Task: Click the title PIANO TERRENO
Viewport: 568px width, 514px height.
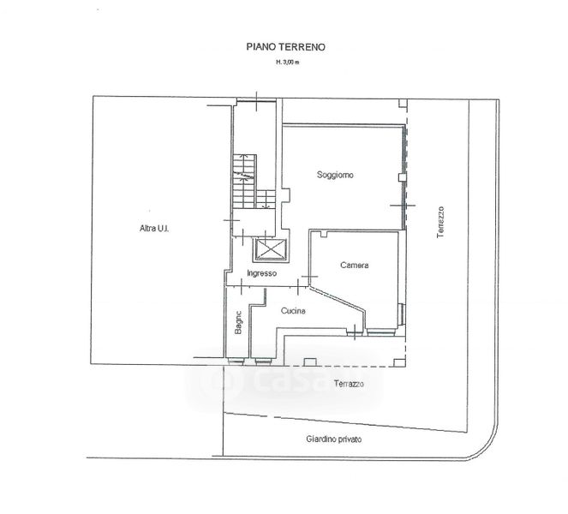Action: click(285, 47)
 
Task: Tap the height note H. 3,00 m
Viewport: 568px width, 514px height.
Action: click(288, 62)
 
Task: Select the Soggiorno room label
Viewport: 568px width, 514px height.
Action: click(335, 175)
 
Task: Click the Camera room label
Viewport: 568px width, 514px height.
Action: click(355, 266)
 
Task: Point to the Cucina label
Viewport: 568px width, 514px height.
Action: click(293, 311)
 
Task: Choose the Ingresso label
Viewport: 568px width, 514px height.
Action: click(261, 273)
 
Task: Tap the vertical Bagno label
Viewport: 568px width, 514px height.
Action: click(238, 322)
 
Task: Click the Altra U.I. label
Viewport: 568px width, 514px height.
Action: click(154, 229)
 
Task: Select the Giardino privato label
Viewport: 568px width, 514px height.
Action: click(333, 439)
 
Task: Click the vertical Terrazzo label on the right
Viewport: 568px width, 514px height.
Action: click(440, 222)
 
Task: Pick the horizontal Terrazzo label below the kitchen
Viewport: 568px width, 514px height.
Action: click(349, 384)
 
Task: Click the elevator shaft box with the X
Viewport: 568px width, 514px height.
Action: click(271, 250)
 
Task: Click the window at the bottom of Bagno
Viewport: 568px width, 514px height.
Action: click(236, 362)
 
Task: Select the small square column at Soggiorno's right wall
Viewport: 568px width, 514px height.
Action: click(402, 177)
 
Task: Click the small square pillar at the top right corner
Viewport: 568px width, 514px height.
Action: click(403, 104)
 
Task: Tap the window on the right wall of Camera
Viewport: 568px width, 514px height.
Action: click(401, 314)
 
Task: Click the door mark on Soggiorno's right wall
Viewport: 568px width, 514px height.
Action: click(403, 206)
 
